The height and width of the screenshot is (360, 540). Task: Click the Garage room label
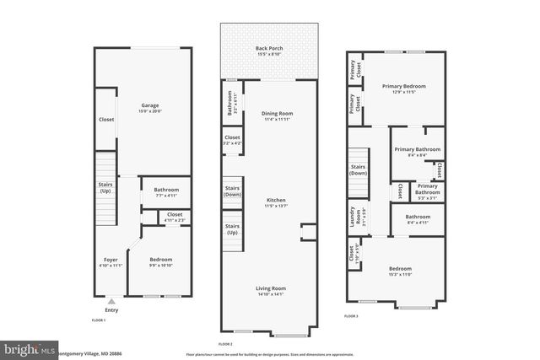point(148,105)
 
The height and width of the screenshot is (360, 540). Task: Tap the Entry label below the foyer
point(112,310)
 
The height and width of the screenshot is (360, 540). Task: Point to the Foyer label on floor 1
point(111,260)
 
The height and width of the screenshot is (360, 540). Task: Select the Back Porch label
point(269,49)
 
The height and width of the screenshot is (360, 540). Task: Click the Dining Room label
point(277,113)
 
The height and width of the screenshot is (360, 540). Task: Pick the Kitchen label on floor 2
point(277,200)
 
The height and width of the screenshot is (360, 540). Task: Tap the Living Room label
point(271,288)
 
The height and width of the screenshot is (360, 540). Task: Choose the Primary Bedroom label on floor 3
point(403,86)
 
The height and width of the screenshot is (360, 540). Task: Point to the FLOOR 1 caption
point(100,321)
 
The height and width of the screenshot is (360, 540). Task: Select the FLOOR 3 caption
point(351,316)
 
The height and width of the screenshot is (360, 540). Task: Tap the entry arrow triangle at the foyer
point(112,301)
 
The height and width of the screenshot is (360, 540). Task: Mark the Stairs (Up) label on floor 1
point(106,188)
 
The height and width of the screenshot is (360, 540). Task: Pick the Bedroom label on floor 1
point(160,260)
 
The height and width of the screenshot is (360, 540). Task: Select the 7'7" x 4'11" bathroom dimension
point(166,196)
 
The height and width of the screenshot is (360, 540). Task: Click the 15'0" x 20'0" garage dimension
point(148,110)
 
